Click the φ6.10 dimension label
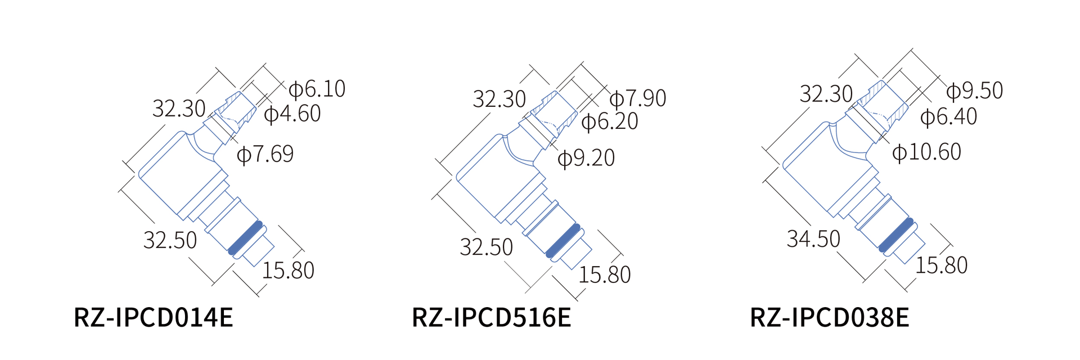(x=317, y=89)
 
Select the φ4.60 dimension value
(x=292, y=114)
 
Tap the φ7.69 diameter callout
(x=265, y=154)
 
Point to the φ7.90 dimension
(x=637, y=98)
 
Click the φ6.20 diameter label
(x=609, y=121)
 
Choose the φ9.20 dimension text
(x=586, y=158)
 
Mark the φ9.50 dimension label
(x=974, y=91)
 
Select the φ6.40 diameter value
(x=948, y=116)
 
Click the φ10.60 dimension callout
(x=926, y=152)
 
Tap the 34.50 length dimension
(x=813, y=239)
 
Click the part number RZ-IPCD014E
(x=153, y=318)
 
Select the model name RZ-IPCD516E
(x=491, y=318)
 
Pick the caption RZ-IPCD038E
(x=829, y=318)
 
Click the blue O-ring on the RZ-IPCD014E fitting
(x=246, y=237)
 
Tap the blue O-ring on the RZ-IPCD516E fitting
(x=563, y=241)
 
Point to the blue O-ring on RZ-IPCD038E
(x=896, y=235)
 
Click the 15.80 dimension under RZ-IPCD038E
(x=941, y=265)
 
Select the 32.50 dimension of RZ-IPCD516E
(x=486, y=247)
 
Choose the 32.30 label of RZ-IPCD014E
(x=179, y=109)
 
